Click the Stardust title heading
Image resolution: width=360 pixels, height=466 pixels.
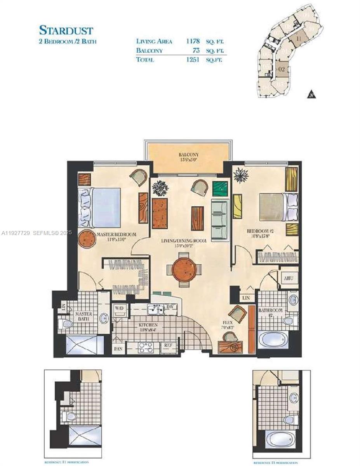(x=66, y=30)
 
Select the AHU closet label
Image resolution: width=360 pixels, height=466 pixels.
(x=288, y=278)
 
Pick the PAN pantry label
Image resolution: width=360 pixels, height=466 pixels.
(x=118, y=349)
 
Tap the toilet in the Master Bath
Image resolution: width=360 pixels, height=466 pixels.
(x=66, y=323)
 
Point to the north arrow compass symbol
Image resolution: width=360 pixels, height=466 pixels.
(x=311, y=94)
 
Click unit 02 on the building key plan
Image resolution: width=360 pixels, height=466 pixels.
(x=282, y=70)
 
